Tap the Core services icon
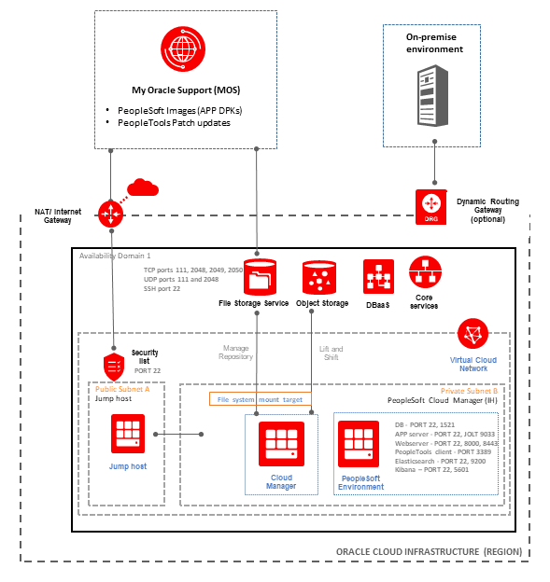point(424,274)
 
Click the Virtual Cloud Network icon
point(473,335)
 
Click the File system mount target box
point(259,399)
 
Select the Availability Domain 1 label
point(115,256)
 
